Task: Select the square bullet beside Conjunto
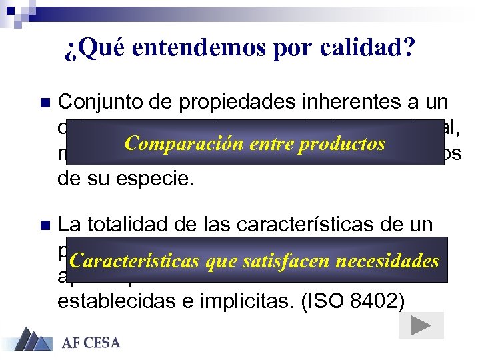coord(45,103)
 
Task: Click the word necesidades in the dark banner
coord(387,261)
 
